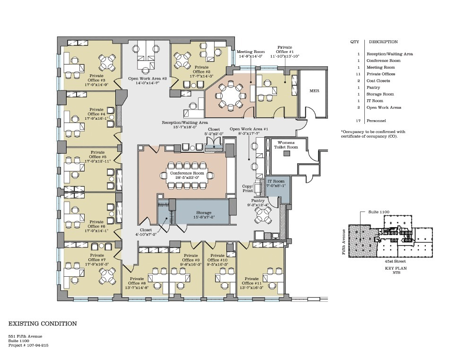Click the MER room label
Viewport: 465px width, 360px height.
pyautogui.click(x=314, y=91)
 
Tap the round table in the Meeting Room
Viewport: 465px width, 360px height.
pyautogui.click(x=230, y=96)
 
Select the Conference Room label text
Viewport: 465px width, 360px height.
pyautogui.click(x=187, y=173)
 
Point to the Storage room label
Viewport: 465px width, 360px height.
pyautogui.click(x=204, y=212)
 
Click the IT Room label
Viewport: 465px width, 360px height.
pyautogui.click(x=276, y=181)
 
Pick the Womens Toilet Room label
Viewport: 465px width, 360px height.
pyautogui.click(x=286, y=145)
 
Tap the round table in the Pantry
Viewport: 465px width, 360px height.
pyautogui.click(x=263, y=215)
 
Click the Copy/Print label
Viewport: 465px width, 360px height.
pyautogui.click(x=248, y=188)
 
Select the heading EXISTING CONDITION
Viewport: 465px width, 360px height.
pyautogui.click(x=43, y=324)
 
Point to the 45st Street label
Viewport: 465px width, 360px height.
pyautogui.click(x=396, y=261)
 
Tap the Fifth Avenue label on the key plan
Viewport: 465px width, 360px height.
pyautogui.click(x=344, y=242)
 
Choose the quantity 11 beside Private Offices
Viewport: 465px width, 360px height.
pyautogui.click(x=359, y=74)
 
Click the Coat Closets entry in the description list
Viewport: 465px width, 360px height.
pyautogui.click(x=378, y=81)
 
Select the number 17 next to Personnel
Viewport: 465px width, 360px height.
pyautogui.click(x=359, y=121)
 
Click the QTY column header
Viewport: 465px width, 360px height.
pyautogui.click(x=354, y=42)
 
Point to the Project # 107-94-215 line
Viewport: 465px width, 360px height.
pyautogui.click(x=28, y=345)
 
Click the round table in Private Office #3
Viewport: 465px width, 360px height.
pyautogui.click(x=107, y=62)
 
